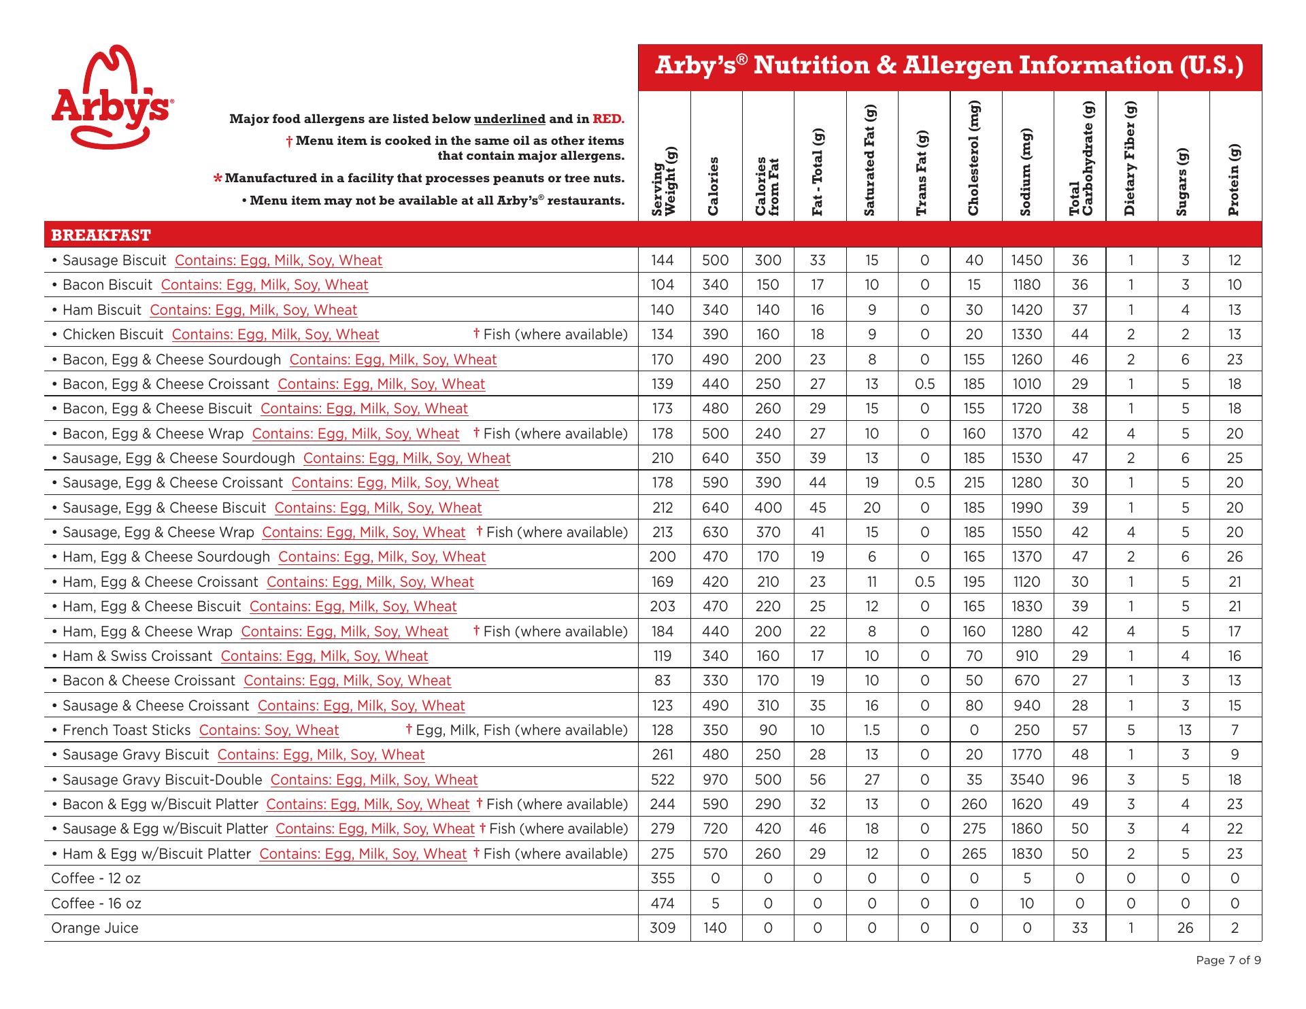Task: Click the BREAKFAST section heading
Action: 101,235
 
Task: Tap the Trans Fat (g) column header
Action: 923,173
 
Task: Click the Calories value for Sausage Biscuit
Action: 716,260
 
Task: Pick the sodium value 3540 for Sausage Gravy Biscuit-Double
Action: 1027,780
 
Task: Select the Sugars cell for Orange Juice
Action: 1185,928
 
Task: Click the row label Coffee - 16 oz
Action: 96,904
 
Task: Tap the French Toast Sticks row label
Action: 127,730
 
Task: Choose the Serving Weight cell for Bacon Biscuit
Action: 663,285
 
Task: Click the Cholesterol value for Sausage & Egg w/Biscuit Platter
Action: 974,829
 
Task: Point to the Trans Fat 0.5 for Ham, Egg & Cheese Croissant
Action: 924,582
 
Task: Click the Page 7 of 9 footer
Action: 1228,961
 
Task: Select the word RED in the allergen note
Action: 607,119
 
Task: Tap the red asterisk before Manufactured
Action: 218,179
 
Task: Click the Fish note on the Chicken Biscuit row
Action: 550,335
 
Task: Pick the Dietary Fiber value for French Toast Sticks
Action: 1131,730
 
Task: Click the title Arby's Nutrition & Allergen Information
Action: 949,66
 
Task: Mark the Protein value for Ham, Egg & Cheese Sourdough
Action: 1235,557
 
